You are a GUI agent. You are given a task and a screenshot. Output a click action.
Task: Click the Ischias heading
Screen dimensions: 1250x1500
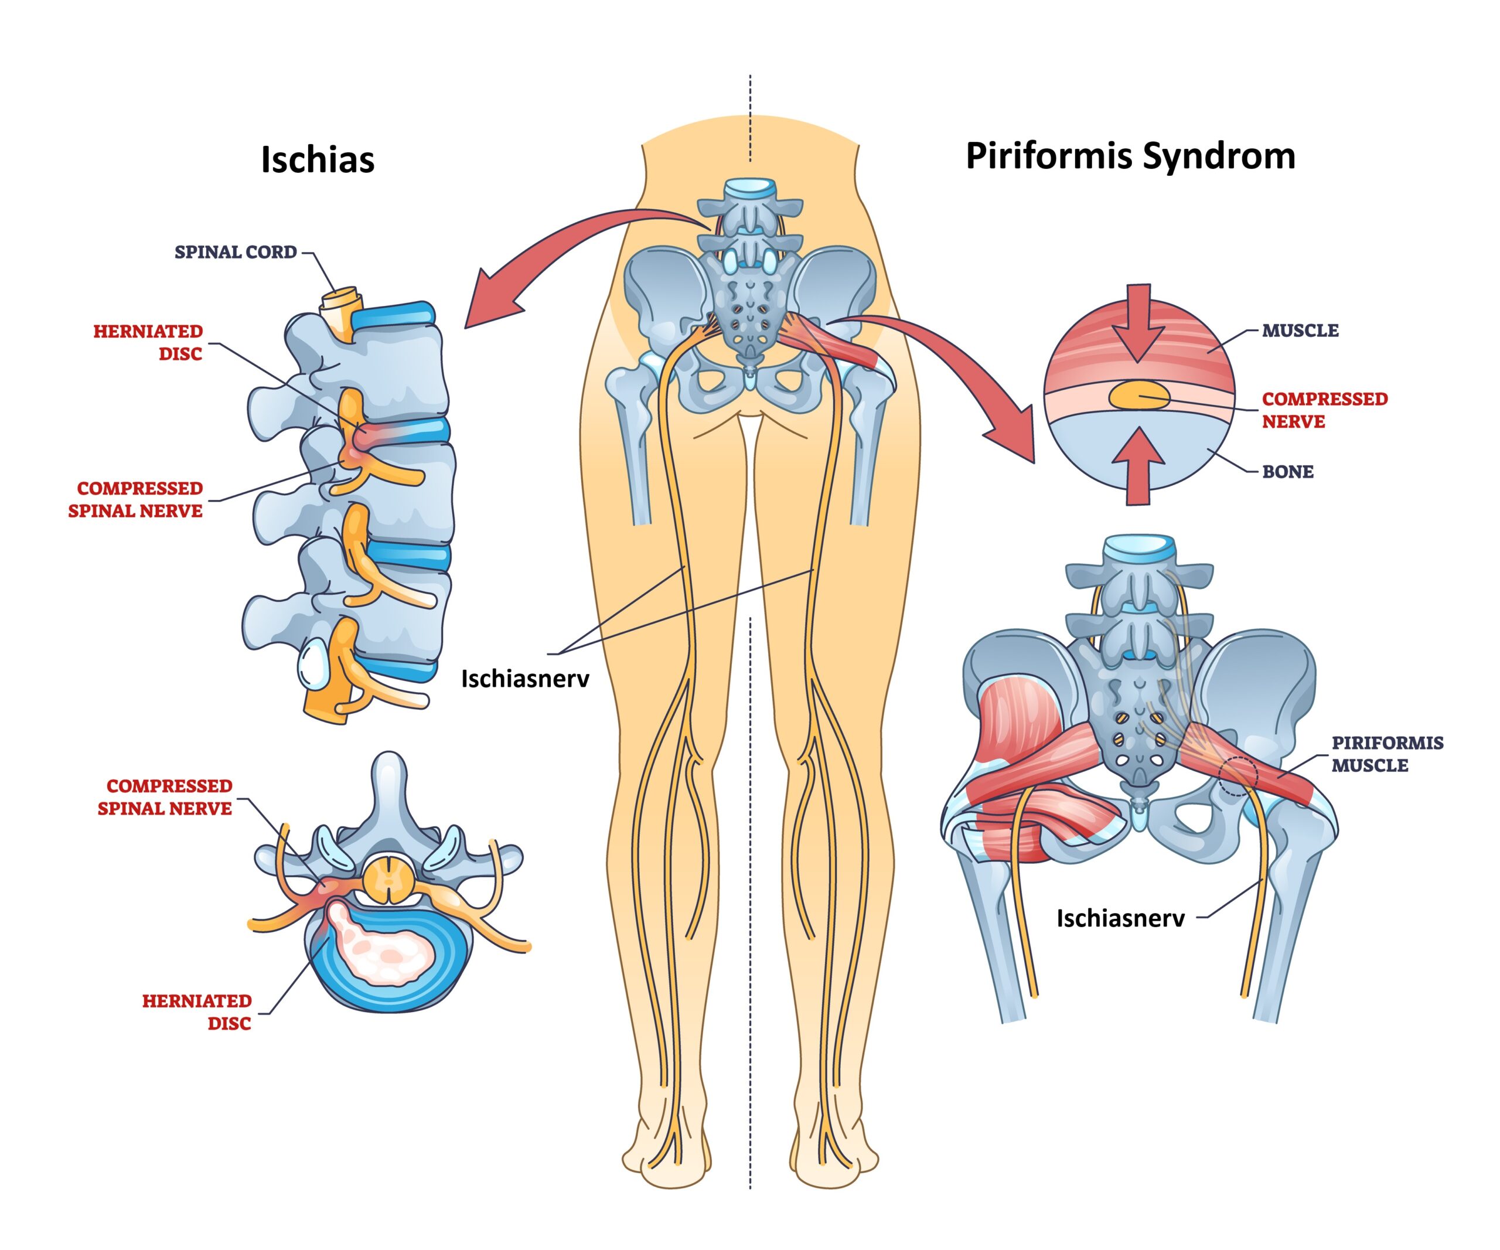[x=317, y=159]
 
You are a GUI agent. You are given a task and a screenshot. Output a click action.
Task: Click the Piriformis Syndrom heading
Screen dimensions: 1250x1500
[x=1130, y=156]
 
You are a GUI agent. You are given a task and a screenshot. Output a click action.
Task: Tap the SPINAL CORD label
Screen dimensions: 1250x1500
[x=235, y=252]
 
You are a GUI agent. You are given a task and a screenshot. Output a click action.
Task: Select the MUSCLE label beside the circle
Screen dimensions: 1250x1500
[x=1300, y=331]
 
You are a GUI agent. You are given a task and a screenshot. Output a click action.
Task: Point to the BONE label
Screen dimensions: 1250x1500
[x=1287, y=471]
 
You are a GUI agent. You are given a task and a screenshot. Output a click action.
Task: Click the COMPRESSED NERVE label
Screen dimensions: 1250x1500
[x=1324, y=410]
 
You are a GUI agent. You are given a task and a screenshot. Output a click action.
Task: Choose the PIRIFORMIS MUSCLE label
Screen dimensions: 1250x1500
[x=1386, y=754]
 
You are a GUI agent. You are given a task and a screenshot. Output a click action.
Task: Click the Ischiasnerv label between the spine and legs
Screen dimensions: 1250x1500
[x=525, y=679]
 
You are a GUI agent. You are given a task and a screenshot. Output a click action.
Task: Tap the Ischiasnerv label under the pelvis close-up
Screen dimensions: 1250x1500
[x=1120, y=918]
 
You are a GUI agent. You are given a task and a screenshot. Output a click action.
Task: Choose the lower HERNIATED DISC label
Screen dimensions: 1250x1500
[x=196, y=1011]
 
